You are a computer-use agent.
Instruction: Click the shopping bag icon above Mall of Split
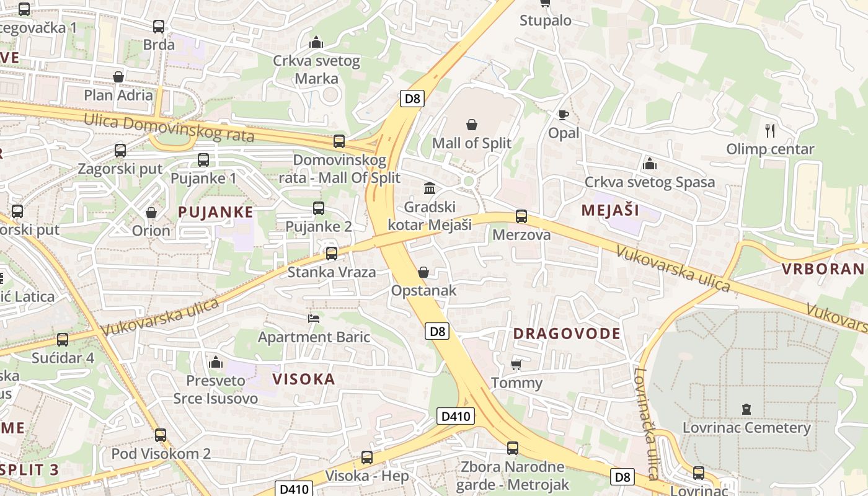(x=472, y=125)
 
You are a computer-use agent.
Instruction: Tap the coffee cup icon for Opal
(x=563, y=115)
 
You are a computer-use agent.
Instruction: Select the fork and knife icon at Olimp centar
(x=770, y=130)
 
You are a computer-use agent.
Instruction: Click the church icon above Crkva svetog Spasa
(x=650, y=164)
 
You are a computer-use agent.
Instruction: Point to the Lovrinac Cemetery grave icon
(x=746, y=409)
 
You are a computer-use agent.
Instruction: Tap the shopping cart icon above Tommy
(x=516, y=365)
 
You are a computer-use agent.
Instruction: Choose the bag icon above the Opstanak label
(x=423, y=272)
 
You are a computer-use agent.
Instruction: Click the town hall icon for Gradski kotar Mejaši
(x=429, y=188)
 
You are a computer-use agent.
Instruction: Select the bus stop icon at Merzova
(x=521, y=216)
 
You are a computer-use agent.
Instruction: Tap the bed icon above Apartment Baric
(x=314, y=319)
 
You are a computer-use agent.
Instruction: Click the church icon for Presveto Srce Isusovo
(x=216, y=361)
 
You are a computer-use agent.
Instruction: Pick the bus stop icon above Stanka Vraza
(x=332, y=253)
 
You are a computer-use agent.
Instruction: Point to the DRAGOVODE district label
(x=567, y=334)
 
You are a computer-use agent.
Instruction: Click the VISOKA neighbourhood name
(x=304, y=379)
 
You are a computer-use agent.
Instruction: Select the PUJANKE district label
(x=215, y=212)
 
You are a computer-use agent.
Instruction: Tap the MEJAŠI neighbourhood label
(x=610, y=210)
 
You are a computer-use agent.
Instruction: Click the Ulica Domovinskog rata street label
(x=169, y=126)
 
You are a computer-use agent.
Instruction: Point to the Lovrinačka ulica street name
(x=646, y=425)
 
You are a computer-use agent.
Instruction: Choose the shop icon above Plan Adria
(x=118, y=77)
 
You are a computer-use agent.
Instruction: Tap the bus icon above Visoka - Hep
(x=367, y=458)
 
